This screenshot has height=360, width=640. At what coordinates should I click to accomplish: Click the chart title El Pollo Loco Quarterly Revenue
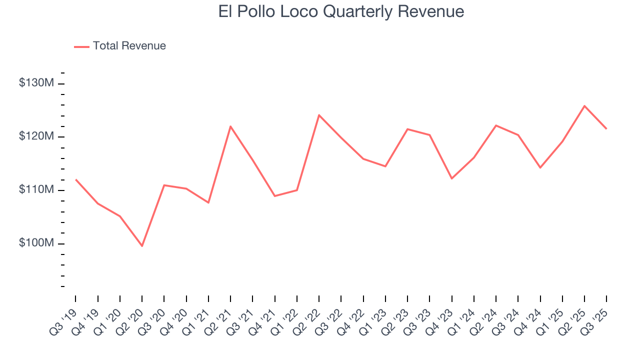[341, 11]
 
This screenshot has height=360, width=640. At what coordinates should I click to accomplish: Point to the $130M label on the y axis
[36, 83]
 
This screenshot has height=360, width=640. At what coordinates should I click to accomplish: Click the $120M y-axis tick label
[36, 136]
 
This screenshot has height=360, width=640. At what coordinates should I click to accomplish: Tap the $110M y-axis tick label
[36, 190]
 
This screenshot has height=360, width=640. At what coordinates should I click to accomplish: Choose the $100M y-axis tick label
[36, 243]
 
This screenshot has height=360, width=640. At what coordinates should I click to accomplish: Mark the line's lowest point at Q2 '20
[142, 246]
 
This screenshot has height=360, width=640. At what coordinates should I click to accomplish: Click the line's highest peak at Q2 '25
[584, 106]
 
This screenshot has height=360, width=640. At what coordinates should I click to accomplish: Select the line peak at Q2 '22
[319, 115]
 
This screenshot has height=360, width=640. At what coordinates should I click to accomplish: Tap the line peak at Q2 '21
[230, 126]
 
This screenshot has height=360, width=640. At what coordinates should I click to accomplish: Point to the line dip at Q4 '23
[451, 178]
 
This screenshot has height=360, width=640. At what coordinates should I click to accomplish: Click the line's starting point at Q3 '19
[75, 179]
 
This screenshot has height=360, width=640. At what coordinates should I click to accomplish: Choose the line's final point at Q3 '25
[606, 129]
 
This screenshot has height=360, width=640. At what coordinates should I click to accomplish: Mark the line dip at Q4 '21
[274, 196]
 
